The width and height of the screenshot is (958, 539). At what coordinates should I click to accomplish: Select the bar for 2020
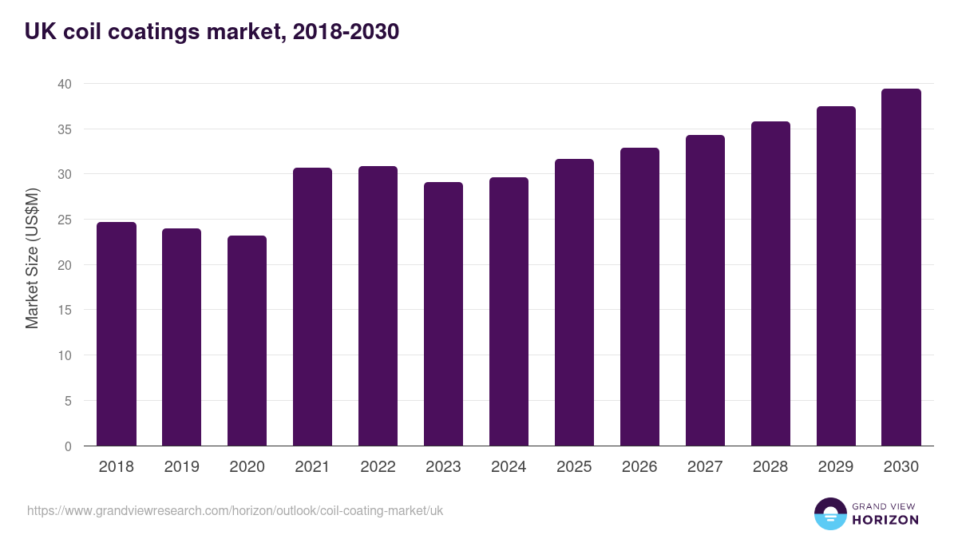247,341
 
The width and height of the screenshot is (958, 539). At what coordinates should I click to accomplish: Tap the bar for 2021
312,307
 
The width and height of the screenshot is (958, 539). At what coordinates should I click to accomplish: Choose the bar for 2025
574,303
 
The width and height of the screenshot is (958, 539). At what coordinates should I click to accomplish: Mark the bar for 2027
705,291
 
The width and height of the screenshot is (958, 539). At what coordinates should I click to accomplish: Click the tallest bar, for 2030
901,268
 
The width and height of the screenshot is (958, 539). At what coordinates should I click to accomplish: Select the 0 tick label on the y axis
68,446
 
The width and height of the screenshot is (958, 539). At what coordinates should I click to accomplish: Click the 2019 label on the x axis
181,467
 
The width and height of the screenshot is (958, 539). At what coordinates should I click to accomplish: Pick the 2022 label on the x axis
378,467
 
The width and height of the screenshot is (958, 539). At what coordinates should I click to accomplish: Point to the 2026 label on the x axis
639,467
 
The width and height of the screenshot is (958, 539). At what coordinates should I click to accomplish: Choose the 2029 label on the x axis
836,467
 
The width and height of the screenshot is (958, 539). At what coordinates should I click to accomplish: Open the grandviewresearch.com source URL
235,510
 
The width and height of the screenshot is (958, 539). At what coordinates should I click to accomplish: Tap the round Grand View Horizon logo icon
829,513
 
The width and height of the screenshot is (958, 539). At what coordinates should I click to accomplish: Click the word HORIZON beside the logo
885,520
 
